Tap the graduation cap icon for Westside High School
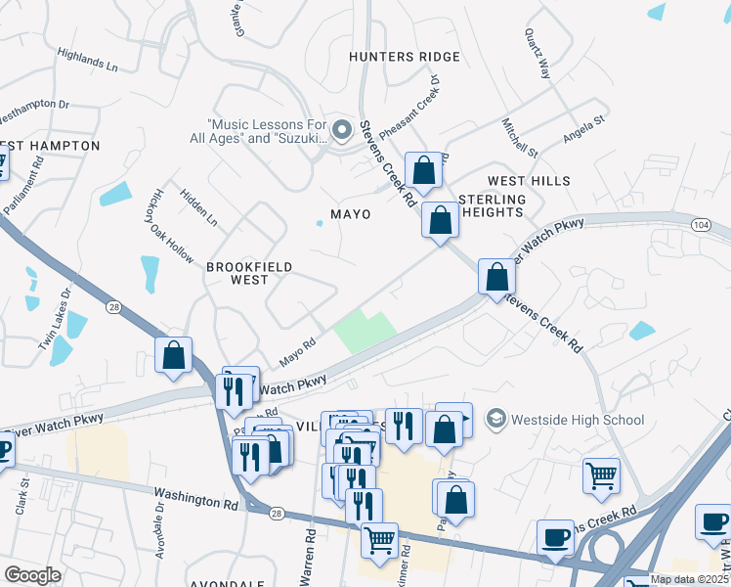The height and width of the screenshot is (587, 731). pyautogui.click(x=497, y=420)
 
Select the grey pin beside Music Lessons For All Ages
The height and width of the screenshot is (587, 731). pyautogui.click(x=341, y=130)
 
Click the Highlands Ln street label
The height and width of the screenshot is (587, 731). pyautogui.click(x=87, y=61)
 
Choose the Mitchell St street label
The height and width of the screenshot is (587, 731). pyautogui.click(x=520, y=139)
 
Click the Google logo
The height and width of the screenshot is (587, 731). pyautogui.click(x=32, y=574)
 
